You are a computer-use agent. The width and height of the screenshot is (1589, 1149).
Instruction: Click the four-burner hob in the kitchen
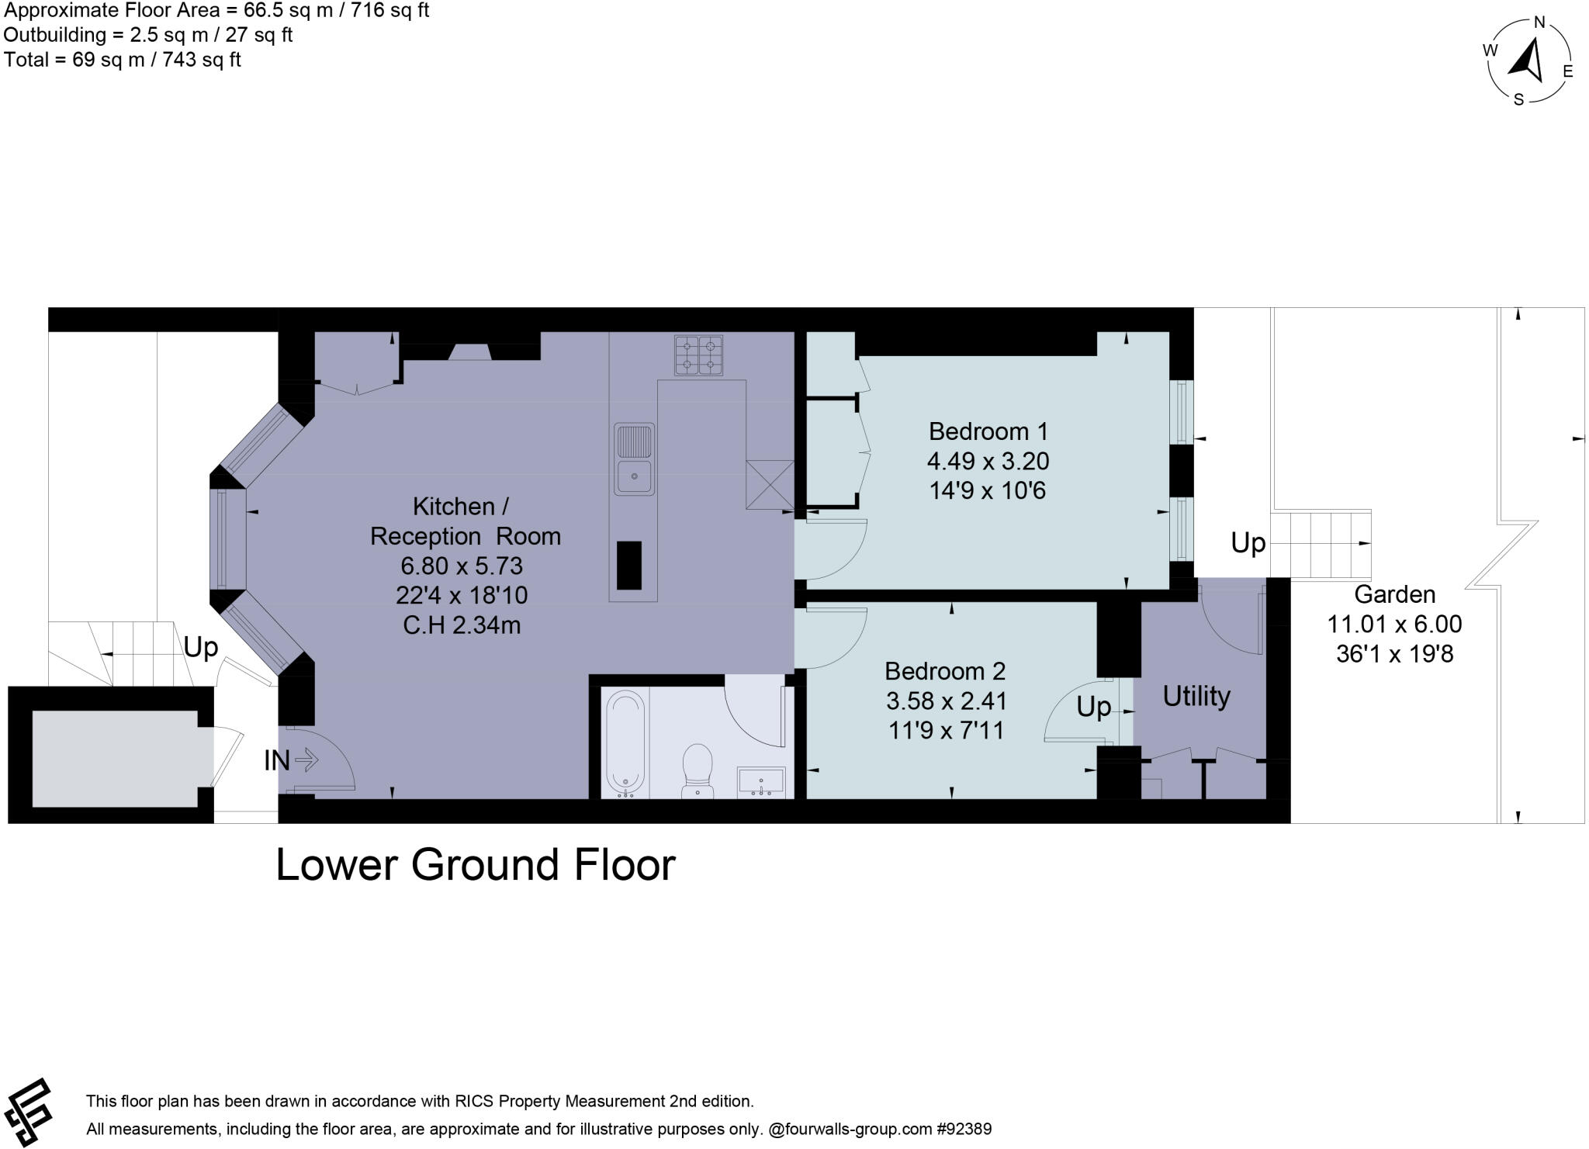698,355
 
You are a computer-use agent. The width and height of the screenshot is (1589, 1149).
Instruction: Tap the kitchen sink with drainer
634,459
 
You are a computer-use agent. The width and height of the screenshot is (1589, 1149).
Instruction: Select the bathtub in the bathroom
625,743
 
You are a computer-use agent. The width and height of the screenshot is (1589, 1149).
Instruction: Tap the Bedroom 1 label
988,431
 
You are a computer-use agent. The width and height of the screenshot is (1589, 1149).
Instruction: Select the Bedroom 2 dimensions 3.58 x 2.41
946,701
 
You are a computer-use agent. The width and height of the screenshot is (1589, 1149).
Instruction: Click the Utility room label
1196,696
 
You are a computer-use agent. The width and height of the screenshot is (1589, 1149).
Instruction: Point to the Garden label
1394,594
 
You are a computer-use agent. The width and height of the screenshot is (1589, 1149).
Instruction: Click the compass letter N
1539,22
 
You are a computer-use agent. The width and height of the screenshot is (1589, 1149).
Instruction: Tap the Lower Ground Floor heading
476,864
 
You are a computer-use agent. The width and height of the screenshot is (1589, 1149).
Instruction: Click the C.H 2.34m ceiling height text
462,625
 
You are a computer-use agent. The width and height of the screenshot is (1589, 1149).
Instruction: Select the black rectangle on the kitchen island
629,565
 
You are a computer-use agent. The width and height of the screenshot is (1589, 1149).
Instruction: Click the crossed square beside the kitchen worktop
770,485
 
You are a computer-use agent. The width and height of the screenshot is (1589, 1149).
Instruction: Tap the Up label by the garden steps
1248,542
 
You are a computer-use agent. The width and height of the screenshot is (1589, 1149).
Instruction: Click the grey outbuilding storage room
115,758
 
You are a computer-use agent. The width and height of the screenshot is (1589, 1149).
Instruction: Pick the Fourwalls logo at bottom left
29,1112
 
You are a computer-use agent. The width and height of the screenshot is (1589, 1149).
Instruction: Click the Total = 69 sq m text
123,60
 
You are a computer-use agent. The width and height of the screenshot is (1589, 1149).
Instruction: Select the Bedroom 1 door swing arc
838,553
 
